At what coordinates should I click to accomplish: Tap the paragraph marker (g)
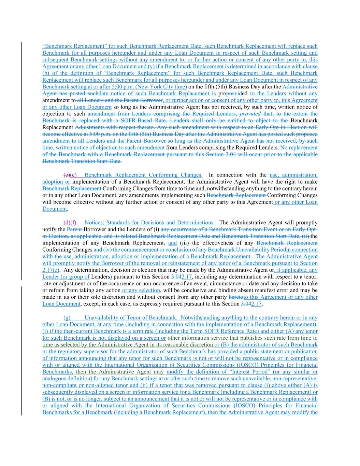[x=67, y=318]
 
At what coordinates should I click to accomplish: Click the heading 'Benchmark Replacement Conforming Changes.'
[x=143, y=175]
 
